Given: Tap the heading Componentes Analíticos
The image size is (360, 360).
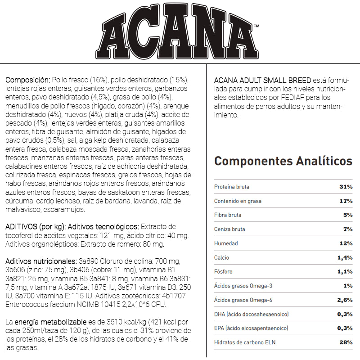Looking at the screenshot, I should pyautogui.click(x=283, y=161).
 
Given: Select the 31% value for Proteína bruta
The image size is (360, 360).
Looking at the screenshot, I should pyautogui.click(x=346, y=187).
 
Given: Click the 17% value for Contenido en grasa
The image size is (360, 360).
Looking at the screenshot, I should pyautogui.click(x=346, y=201).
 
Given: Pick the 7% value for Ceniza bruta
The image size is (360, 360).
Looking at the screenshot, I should pyautogui.click(x=347, y=229).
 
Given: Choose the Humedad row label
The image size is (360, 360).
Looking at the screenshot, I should pyautogui.click(x=226, y=243).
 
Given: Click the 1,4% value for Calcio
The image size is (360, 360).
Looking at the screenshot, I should pyautogui.click(x=344, y=258).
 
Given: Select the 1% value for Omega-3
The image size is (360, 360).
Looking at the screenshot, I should pyautogui.click(x=347, y=286).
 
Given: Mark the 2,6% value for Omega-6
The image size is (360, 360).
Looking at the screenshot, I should pyautogui.click(x=344, y=300).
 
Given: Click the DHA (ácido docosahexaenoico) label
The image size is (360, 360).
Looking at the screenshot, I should pyautogui.click(x=251, y=314).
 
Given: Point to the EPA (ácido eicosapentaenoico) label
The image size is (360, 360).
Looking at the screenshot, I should pyautogui.click(x=251, y=328).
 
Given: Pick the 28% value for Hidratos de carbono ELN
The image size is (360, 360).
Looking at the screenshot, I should pyautogui.click(x=346, y=342).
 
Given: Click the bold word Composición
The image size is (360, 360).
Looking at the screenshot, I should pyautogui.click(x=25, y=80).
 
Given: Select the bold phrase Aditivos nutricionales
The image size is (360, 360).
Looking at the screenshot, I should pyautogui.click(x=40, y=261).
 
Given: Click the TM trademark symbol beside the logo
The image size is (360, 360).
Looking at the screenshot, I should pyautogui.click(x=256, y=26).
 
